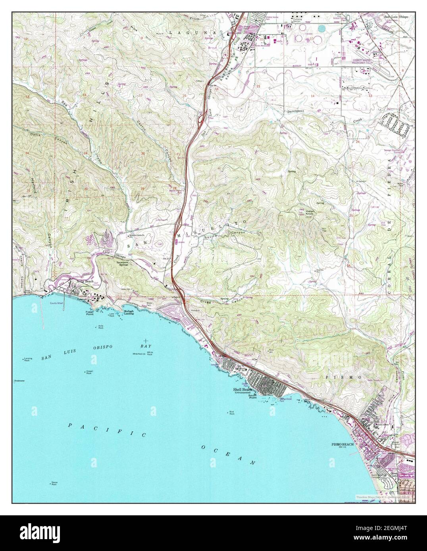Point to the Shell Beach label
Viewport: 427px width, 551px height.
243,390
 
